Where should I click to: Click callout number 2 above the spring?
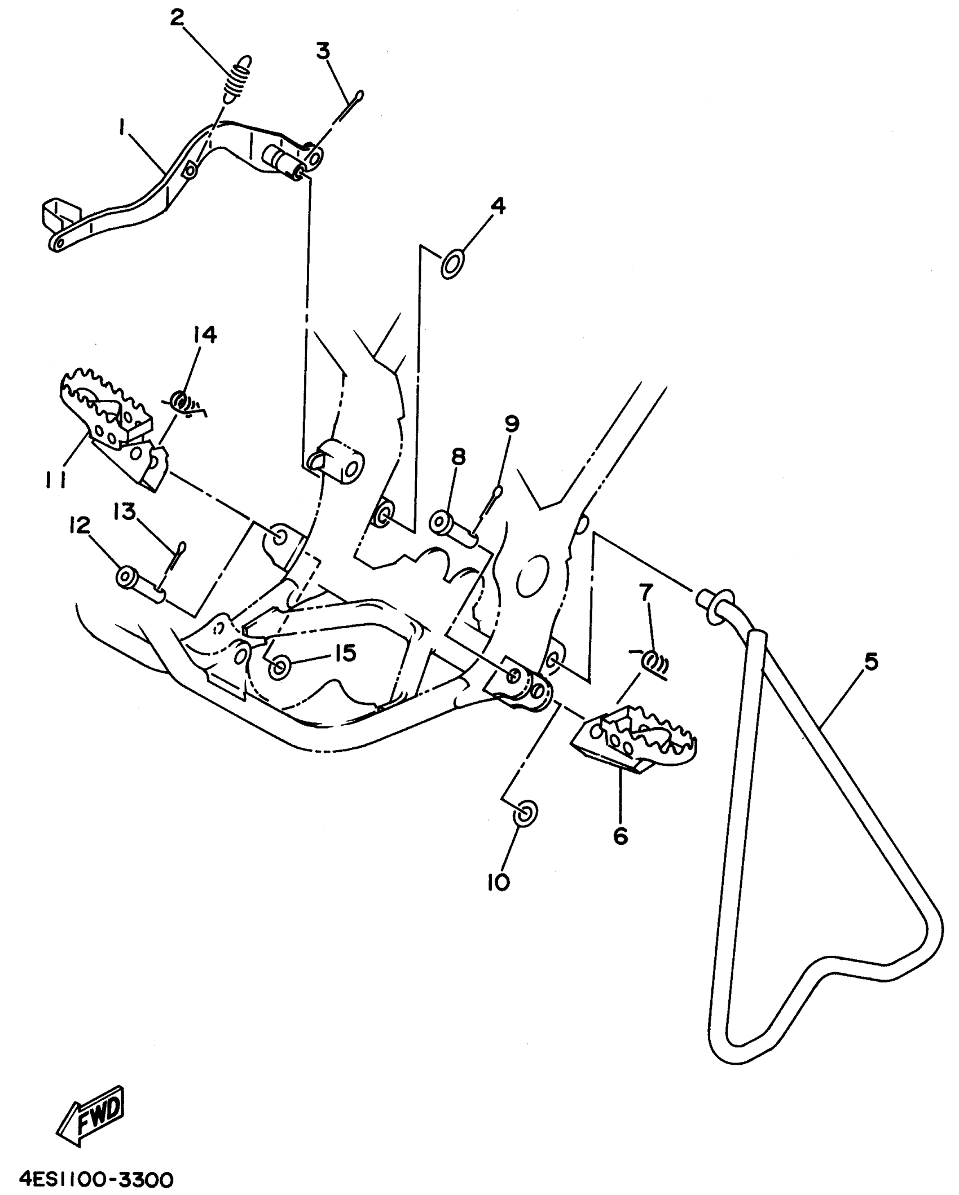(177, 18)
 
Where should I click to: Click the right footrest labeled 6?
(635, 741)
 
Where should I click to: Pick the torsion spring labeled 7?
(654, 662)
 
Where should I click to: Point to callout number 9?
(511, 424)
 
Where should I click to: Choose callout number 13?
(125, 512)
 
